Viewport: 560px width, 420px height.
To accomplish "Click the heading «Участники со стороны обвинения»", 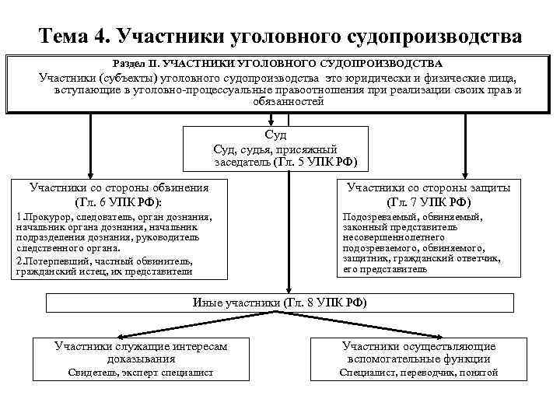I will point(119,187).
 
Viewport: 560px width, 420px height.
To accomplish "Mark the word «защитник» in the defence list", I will point(366,258).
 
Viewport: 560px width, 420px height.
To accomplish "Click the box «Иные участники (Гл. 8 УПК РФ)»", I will point(279,301).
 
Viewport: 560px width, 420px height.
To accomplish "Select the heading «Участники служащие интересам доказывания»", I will point(141,352).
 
